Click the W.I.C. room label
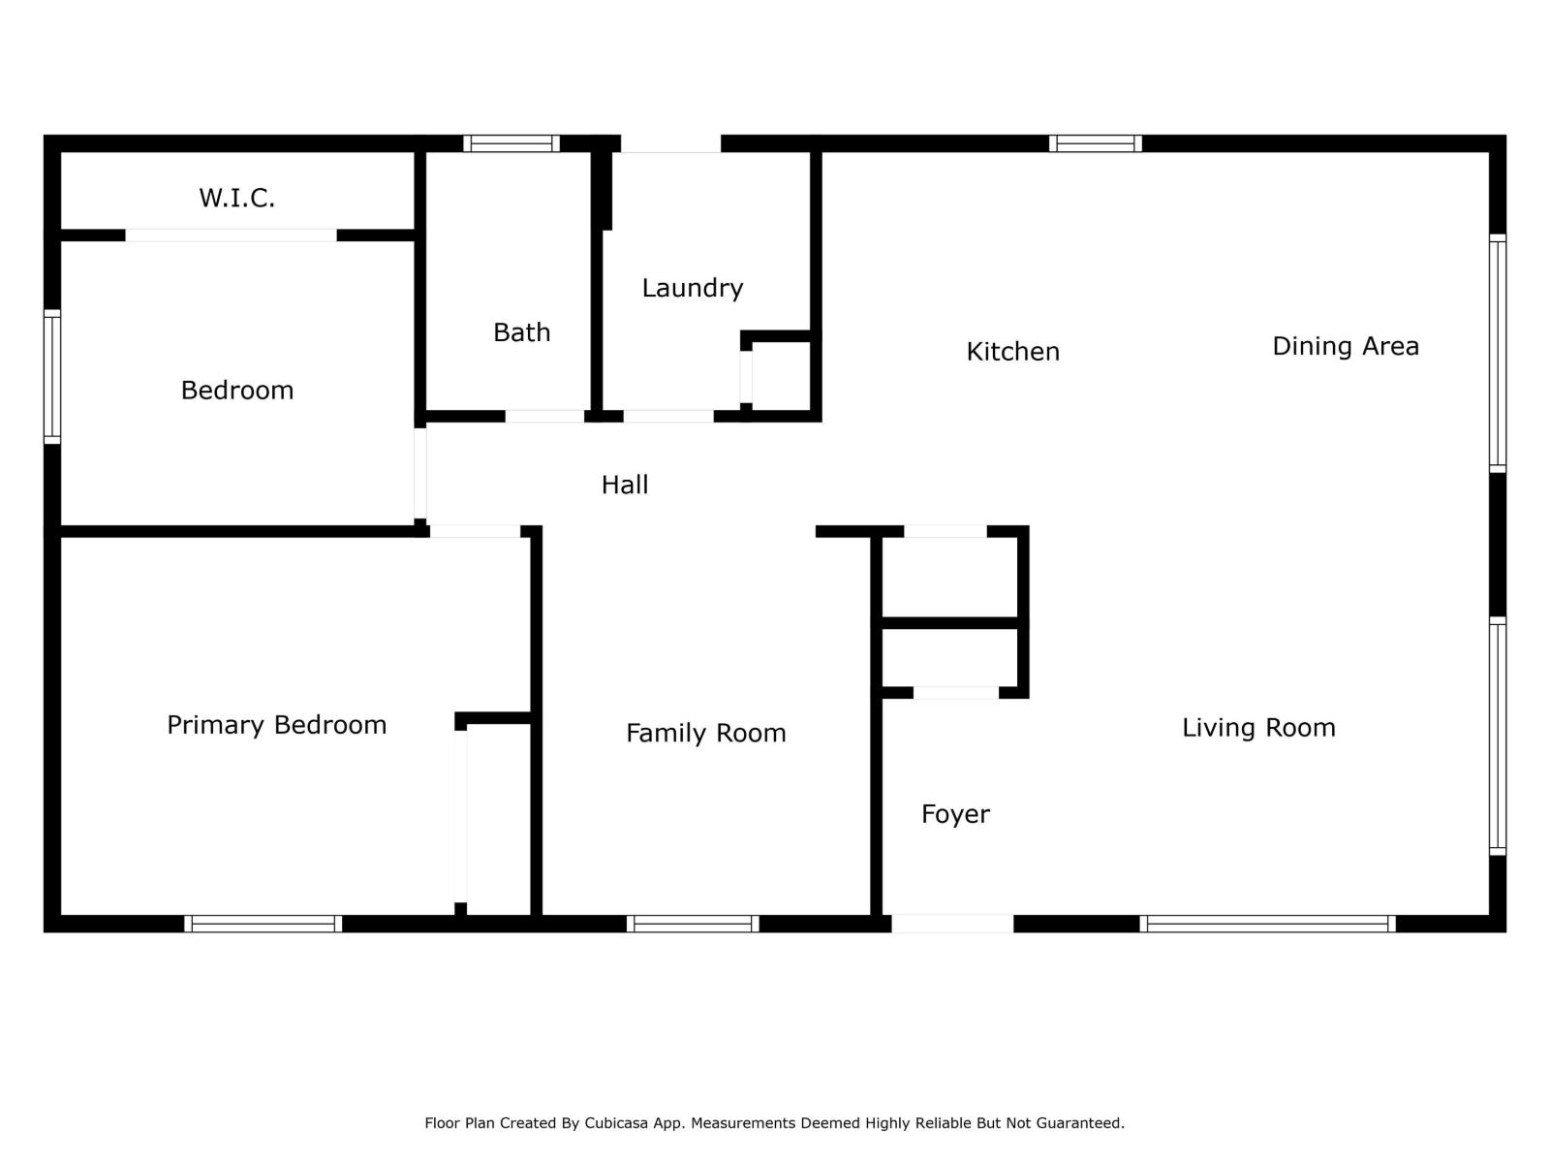coord(236,198)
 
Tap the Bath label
coord(521,332)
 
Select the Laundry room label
coord(692,288)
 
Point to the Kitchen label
coord(1012,351)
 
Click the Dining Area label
coord(1345,346)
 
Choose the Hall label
coord(624,485)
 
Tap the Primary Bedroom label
coord(276,725)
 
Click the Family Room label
coord(705,733)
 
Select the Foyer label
coord(955,814)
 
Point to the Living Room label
coord(1257,728)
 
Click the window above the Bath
coord(511,143)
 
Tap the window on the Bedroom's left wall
coord(52,377)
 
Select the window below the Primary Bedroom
coord(263,924)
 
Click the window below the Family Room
coord(693,924)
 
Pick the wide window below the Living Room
coord(1267,924)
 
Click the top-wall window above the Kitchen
coord(1095,143)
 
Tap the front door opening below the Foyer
coord(952,924)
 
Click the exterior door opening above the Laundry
coord(670,143)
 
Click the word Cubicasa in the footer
coord(622,1123)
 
